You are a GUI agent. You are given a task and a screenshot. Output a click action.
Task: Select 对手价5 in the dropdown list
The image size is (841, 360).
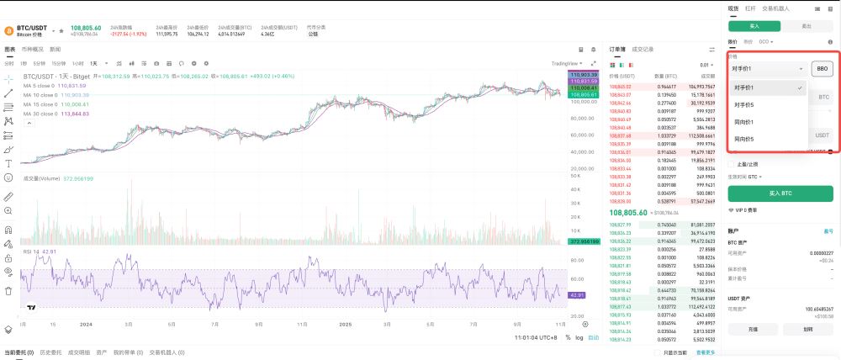(743, 105)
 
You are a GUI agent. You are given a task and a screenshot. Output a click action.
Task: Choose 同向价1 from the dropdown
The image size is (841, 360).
(743, 122)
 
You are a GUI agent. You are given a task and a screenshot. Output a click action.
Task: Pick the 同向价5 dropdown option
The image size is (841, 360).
(743, 139)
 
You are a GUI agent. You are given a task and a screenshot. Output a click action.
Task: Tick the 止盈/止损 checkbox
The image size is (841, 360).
(731, 164)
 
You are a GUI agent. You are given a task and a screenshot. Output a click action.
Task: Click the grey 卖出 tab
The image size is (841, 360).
(807, 26)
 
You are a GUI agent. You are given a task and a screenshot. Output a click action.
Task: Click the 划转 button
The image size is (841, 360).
(807, 330)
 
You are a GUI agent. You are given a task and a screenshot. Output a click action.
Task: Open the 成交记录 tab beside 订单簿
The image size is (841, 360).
(643, 50)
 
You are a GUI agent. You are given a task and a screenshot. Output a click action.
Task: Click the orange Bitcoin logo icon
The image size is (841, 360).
(8, 30)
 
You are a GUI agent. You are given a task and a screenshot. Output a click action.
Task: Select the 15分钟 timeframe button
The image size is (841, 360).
(59, 63)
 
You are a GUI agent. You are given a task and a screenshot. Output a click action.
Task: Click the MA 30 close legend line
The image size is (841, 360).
(56, 113)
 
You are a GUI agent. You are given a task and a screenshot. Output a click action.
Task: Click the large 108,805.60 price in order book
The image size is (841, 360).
(632, 213)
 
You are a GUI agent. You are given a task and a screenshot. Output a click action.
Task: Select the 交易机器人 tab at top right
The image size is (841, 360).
(775, 8)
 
